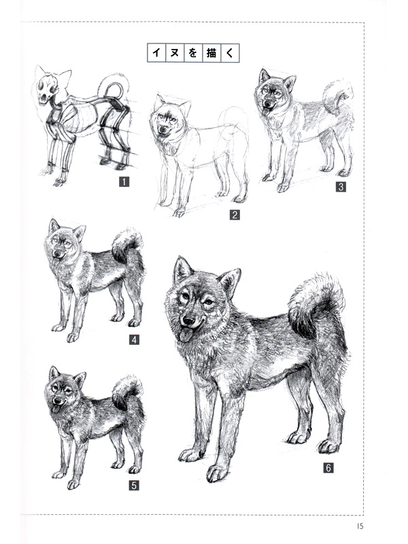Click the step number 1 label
pos(124,182)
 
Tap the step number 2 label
pos(233,216)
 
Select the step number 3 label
pos(341,186)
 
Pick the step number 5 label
pos(133,485)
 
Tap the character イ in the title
pos(156,53)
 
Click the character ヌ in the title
pos(173,53)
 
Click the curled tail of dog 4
pos(126,245)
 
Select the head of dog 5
pos(64,392)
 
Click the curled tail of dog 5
pos(127,392)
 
